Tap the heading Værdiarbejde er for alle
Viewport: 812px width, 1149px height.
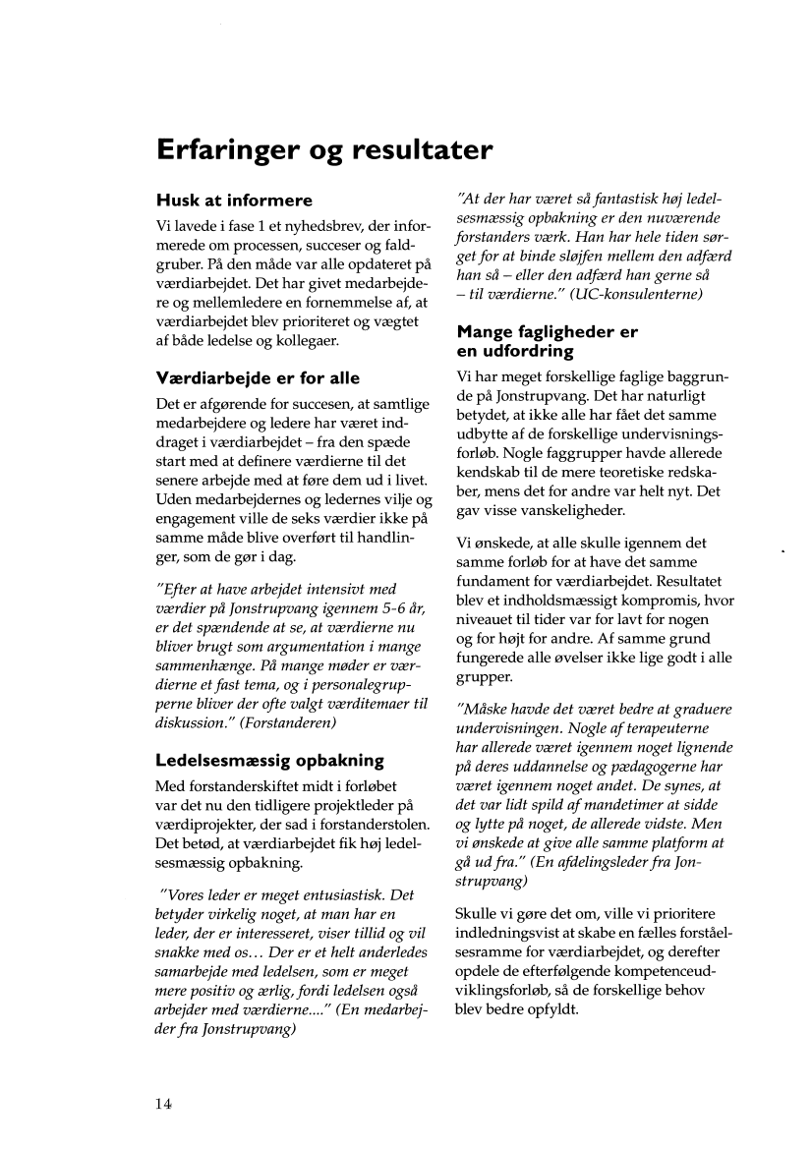tap(259, 377)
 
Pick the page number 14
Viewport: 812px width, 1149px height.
tap(162, 1104)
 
